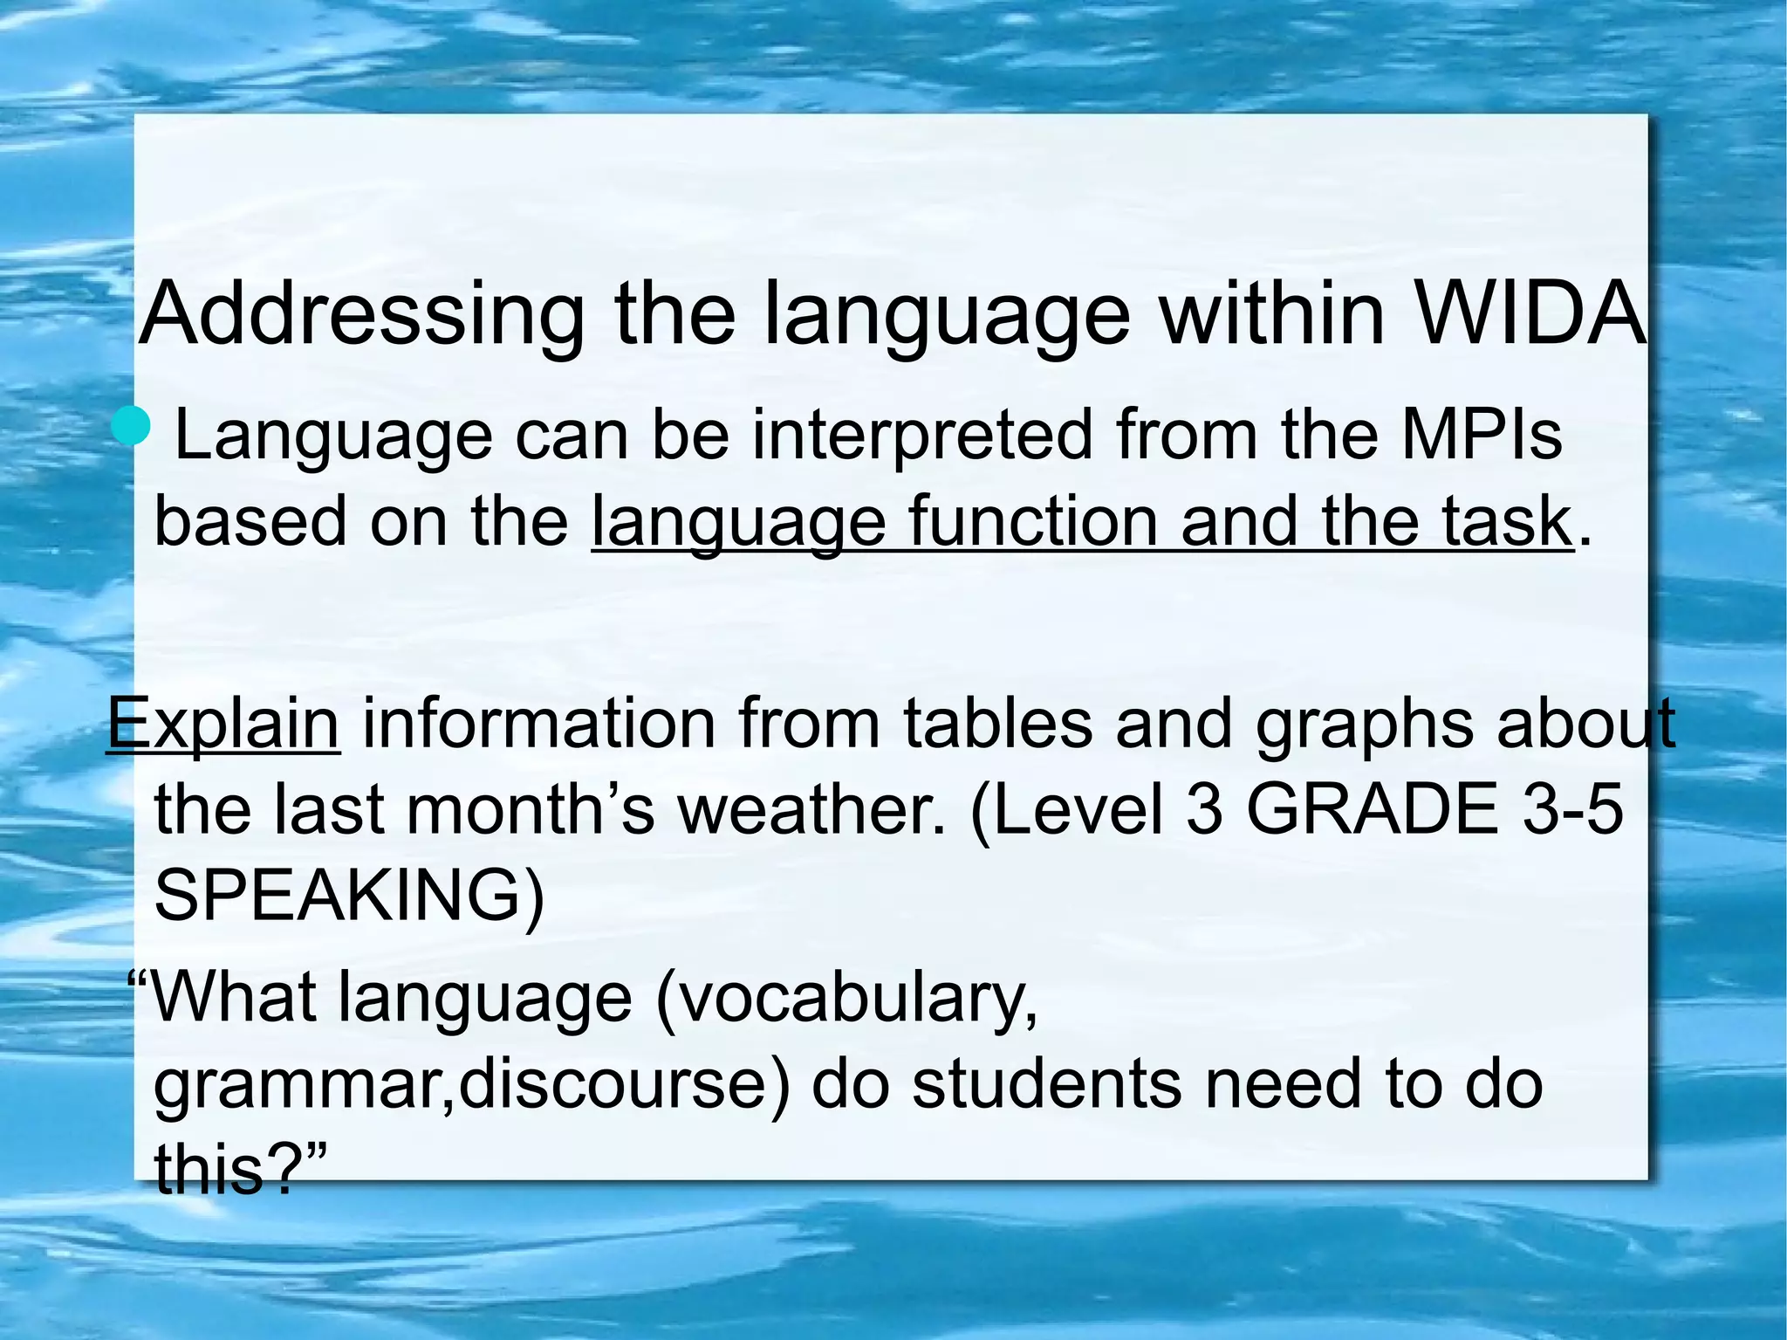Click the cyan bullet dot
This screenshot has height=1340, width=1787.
click(x=132, y=427)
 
